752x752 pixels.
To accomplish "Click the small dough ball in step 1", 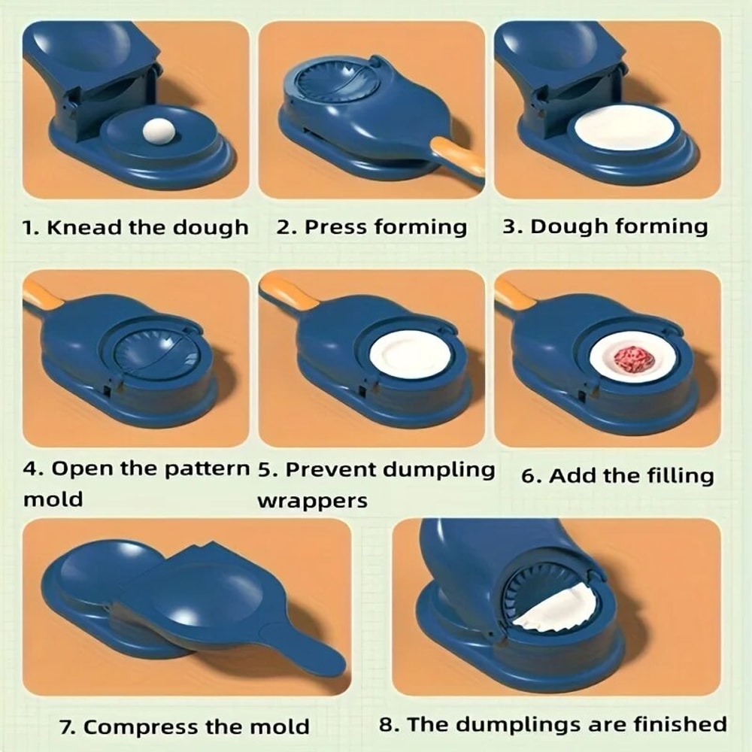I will [x=159, y=133].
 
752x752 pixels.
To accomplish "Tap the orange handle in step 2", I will [x=458, y=156].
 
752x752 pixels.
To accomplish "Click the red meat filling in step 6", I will [x=632, y=359].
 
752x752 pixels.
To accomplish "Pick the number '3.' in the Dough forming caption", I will [x=513, y=227].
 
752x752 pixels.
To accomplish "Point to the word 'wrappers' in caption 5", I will [x=312, y=500].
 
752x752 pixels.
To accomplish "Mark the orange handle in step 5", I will [x=286, y=293].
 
